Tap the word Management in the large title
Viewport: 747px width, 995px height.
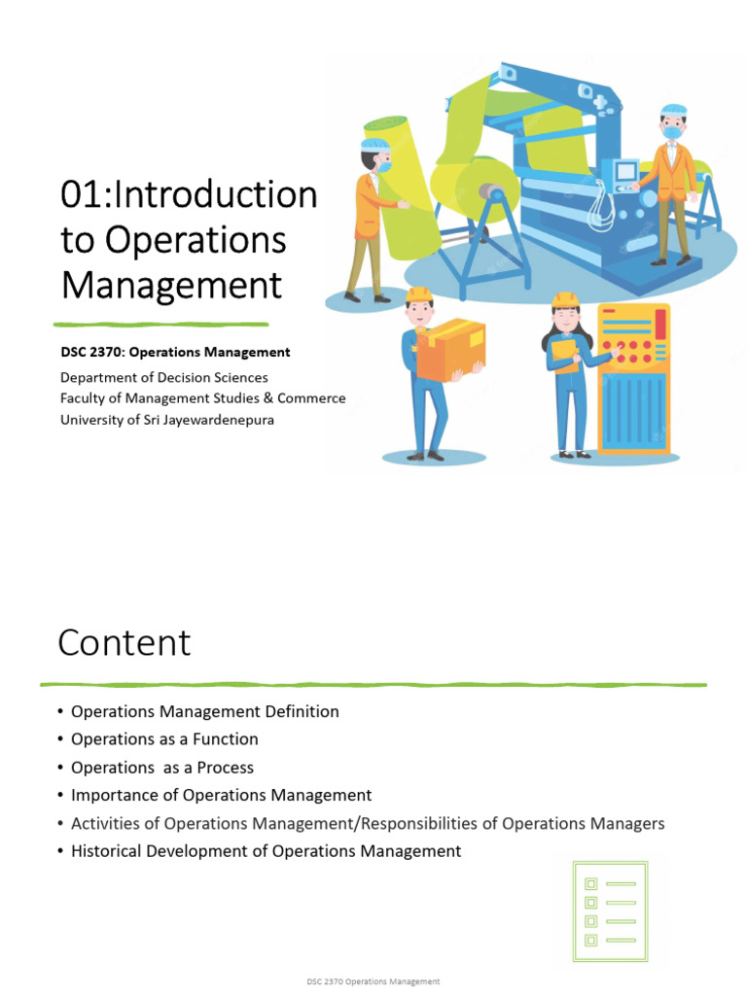point(171,286)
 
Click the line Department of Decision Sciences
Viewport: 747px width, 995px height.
point(163,377)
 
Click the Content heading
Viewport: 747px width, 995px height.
point(124,643)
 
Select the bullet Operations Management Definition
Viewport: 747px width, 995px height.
point(204,711)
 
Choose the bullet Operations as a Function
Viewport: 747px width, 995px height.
point(164,739)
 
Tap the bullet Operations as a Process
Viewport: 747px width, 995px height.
point(162,768)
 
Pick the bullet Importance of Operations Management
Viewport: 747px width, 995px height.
point(221,795)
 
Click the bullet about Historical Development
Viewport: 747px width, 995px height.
point(266,851)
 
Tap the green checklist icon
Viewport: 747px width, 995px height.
point(608,911)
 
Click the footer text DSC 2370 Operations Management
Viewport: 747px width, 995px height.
point(373,982)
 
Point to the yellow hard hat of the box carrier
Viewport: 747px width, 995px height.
point(419,294)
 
